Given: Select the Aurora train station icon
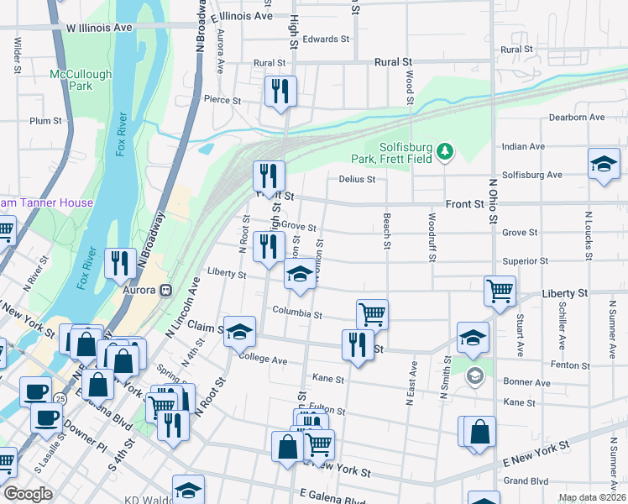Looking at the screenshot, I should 166,290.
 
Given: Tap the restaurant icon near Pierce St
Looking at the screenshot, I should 280,91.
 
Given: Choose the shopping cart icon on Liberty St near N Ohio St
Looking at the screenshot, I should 500,291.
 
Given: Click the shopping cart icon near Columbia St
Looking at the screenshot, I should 372,314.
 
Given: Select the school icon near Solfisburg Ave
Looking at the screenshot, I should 603,165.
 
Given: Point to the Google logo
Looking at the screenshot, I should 29,494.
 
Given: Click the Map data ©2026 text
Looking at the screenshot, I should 592,497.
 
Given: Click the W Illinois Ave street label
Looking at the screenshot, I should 99,28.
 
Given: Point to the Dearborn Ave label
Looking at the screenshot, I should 577,118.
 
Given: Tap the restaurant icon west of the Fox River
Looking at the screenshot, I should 120,263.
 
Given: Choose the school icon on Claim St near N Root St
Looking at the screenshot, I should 239,332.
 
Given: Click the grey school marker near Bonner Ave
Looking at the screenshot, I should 475,375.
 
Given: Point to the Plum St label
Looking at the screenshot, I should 45,121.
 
